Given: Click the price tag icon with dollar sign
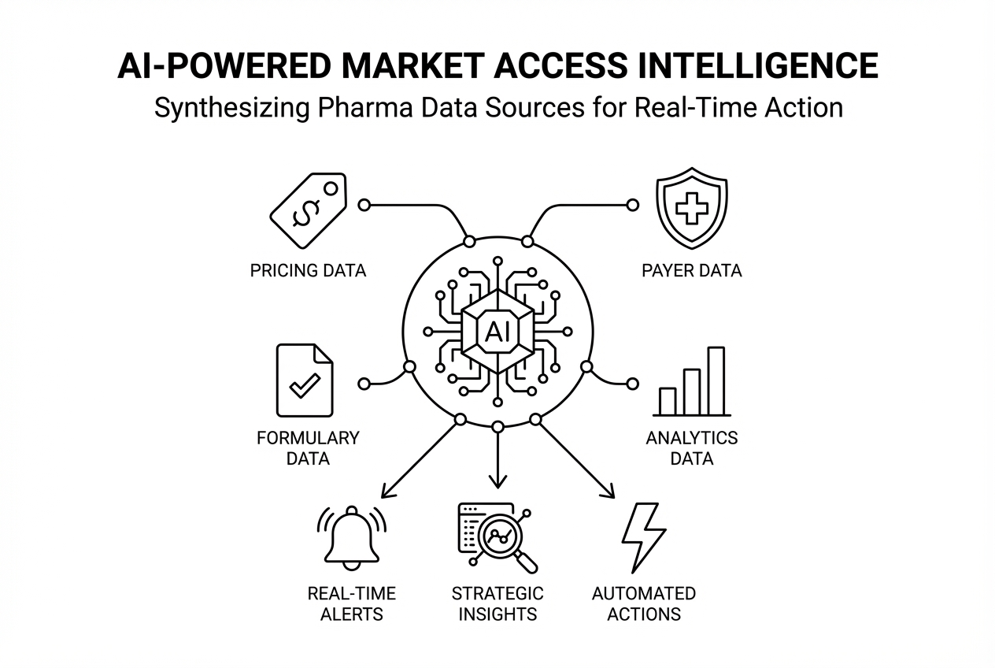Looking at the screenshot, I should [308, 200].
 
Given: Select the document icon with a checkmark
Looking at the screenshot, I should [305, 380].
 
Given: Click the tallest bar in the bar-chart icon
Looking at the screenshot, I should [716, 380].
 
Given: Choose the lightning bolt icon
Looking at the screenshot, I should [643, 539].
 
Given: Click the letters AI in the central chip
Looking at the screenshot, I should [497, 332].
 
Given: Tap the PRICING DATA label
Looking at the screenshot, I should [308, 271].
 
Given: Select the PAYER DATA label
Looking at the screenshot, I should [691, 271].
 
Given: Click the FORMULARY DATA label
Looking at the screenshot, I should [308, 447].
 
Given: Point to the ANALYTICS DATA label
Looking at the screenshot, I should [691, 447].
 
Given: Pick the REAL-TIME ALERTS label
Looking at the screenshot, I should [351, 603].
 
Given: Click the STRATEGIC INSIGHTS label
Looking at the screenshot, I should [497, 603].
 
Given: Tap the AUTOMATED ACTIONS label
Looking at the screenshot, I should [643, 603].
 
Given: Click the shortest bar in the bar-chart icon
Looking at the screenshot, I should [667, 401].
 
